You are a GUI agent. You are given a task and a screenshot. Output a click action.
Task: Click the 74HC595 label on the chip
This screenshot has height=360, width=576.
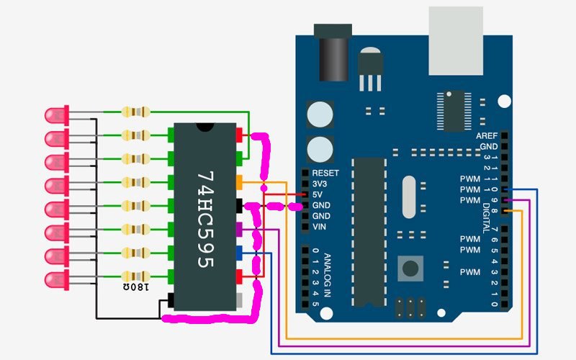[206, 220]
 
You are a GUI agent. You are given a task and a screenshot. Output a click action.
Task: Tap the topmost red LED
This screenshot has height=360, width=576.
[57, 115]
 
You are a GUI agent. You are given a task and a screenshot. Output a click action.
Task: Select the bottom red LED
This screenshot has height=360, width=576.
[57, 280]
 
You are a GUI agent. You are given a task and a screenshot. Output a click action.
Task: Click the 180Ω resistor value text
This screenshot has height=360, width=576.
[135, 287]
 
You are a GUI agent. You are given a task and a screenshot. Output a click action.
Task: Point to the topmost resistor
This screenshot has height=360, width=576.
[135, 112]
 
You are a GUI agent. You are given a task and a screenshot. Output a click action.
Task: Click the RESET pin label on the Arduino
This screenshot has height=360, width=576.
[325, 173]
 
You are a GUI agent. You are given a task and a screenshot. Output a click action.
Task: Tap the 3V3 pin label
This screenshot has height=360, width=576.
[319, 184]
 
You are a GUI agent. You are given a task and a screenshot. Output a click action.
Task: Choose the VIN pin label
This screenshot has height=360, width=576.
[319, 227]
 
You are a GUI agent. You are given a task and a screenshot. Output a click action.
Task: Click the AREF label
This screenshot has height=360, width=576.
[487, 136]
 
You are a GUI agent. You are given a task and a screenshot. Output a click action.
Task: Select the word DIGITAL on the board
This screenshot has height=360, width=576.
[486, 217]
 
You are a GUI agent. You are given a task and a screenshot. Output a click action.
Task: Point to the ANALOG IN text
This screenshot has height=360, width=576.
[327, 275]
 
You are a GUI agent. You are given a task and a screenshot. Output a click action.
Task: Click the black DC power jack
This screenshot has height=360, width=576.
[333, 53]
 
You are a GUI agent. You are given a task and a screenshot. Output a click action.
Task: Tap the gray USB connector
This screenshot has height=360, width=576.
[456, 40]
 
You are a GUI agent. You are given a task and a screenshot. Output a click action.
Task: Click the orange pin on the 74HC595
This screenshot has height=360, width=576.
[239, 182]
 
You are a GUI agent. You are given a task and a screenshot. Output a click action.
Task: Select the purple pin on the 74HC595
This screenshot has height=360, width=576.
[239, 229]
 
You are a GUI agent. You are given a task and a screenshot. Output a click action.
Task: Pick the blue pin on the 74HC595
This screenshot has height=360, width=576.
[239, 253]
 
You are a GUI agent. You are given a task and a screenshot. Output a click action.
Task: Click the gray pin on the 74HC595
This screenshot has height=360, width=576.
[239, 300]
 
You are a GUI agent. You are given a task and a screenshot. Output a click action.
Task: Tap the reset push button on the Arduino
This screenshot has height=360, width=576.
[410, 269]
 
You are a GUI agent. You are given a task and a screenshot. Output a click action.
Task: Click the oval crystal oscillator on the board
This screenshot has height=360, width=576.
[409, 197]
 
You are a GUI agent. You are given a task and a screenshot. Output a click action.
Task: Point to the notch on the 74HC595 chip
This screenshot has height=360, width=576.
[204, 127]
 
